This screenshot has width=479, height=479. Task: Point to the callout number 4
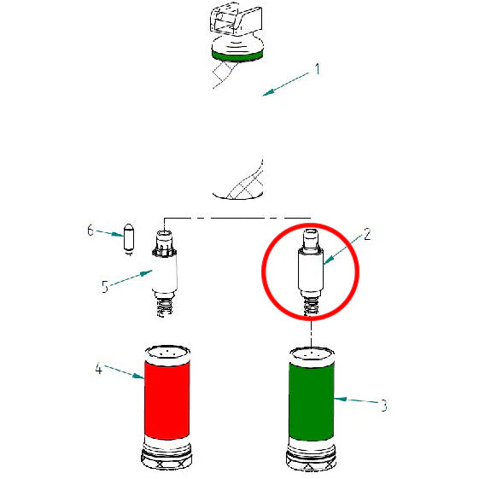pos(98,369)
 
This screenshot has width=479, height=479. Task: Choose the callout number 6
pos(90,230)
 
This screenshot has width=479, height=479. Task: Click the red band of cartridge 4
pos(166,401)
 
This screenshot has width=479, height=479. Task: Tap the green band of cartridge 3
pos(311,401)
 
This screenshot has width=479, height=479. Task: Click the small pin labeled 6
pos(129,237)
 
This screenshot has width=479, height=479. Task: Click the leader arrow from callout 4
pos(125,373)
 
